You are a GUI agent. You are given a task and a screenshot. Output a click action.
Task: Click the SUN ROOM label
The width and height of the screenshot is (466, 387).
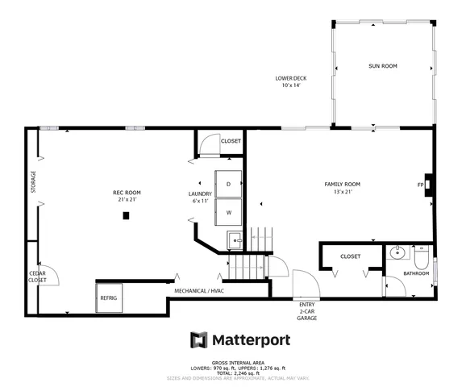[383, 66]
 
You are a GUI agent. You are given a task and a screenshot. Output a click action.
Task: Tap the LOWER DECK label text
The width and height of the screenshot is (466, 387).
[290, 78]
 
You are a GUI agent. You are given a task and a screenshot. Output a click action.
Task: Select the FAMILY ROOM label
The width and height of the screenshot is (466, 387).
[342, 185]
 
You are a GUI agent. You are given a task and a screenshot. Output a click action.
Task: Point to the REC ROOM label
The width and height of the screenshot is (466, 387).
[127, 193]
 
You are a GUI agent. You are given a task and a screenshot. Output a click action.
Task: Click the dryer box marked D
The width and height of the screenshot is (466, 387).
[229, 184]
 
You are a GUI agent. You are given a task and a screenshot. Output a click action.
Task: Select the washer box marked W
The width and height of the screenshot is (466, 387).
[229, 213]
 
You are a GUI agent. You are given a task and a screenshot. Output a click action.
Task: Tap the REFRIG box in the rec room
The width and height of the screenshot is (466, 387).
[109, 298]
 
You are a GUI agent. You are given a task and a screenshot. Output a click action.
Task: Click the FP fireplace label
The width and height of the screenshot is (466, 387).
[420, 185]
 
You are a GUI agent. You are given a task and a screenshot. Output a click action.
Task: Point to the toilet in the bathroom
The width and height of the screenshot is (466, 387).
[421, 257]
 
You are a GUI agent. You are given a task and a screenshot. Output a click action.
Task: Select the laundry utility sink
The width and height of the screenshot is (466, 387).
[235, 239]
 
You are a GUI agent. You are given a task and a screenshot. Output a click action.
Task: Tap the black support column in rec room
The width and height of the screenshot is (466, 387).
[126, 215]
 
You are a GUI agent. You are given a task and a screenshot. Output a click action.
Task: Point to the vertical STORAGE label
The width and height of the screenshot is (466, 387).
[34, 181]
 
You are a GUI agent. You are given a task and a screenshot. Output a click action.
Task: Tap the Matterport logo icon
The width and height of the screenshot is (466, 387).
[198, 339]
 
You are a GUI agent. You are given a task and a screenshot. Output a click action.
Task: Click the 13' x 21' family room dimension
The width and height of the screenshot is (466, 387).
[342, 193]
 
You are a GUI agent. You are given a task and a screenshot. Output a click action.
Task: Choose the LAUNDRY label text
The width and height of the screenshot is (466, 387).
[199, 193]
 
